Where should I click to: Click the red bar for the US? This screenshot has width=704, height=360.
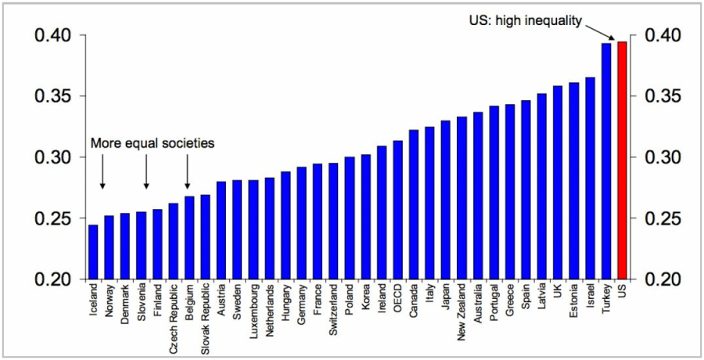(622, 160)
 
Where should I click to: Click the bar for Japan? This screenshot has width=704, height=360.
(446, 200)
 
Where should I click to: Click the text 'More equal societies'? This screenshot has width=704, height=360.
(153, 143)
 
